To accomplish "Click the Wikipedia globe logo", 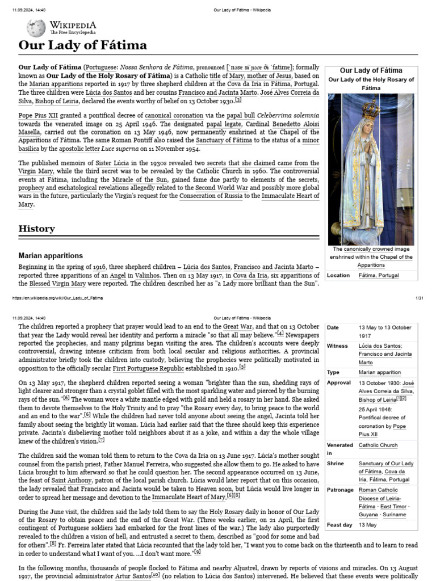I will (x=36, y=28).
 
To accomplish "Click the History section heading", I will (x=37, y=229).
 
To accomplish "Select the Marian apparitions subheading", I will (x=51, y=256).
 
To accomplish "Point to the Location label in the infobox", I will (x=338, y=275).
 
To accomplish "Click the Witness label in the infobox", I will (x=337, y=346).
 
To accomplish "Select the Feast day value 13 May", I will (x=367, y=525).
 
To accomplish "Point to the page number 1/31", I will (x=420, y=298).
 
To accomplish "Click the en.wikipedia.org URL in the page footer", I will (x=57, y=298).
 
